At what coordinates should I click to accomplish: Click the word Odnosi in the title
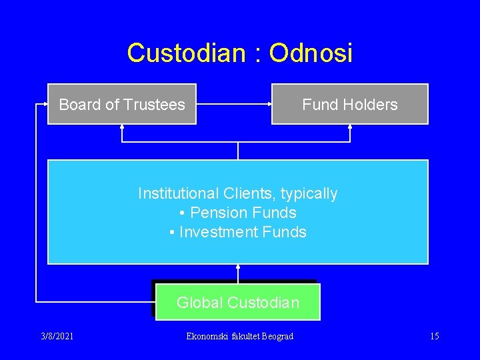pos(311,53)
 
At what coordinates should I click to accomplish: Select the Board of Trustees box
pos(122,104)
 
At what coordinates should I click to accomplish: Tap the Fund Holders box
pos(349,104)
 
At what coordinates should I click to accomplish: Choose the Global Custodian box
pos(237,303)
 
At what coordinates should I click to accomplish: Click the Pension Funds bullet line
pos(238,213)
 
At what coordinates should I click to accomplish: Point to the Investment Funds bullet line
pos(238,232)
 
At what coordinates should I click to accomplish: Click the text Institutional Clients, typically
pos(238,193)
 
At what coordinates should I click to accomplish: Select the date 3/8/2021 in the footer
pos(57,336)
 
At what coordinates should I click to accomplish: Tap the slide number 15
pos(434,336)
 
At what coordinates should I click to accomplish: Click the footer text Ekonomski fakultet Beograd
pos(240,336)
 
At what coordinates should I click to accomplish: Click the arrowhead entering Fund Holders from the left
pos(269,104)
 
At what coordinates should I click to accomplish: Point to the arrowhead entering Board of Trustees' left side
pos(45,104)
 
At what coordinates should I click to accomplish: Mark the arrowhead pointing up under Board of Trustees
pos(122,127)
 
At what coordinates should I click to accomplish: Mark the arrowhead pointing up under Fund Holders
pos(350,127)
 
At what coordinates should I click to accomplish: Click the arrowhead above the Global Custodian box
pos(238,267)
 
